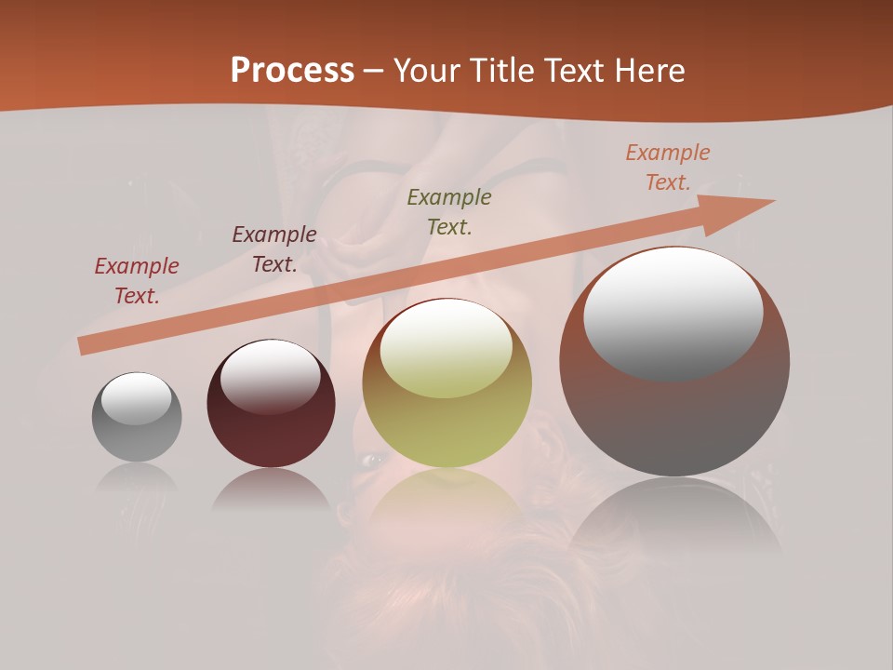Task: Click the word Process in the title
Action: (292, 71)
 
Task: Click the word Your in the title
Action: (429, 71)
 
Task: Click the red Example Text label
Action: (136, 281)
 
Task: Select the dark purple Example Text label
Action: (273, 249)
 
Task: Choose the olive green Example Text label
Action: (449, 211)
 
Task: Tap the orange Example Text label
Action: (667, 167)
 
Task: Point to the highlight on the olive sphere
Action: (446, 347)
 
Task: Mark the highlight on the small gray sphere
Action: (136, 397)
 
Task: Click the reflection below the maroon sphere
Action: (270, 489)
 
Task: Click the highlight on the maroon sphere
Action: (270, 375)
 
